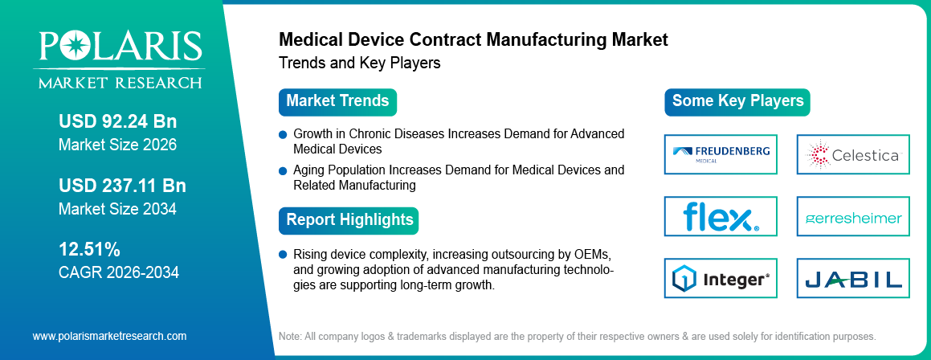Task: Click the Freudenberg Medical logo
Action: tap(721, 154)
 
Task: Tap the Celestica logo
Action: tap(853, 154)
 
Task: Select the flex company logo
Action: tap(721, 216)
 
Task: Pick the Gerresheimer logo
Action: tap(853, 217)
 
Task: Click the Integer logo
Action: tap(721, 279)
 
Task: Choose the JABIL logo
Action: tap(853, 279)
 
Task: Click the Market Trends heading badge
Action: tap(337, 101)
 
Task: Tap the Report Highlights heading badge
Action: tap(349, 219)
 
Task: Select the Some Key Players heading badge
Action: tap(737, 101)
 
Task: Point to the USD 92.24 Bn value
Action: tap(117, 122)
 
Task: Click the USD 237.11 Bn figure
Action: tap(122, 186)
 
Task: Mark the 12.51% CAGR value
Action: tap(89, 249)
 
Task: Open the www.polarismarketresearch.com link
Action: tap(109, 336)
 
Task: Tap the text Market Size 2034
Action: tap(117, 209)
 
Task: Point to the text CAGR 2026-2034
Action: tap(119, 272)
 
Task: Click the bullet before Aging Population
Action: tap(283, 171)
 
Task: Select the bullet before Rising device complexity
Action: tap(283, 255)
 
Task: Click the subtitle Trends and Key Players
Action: tap(359, 63)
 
